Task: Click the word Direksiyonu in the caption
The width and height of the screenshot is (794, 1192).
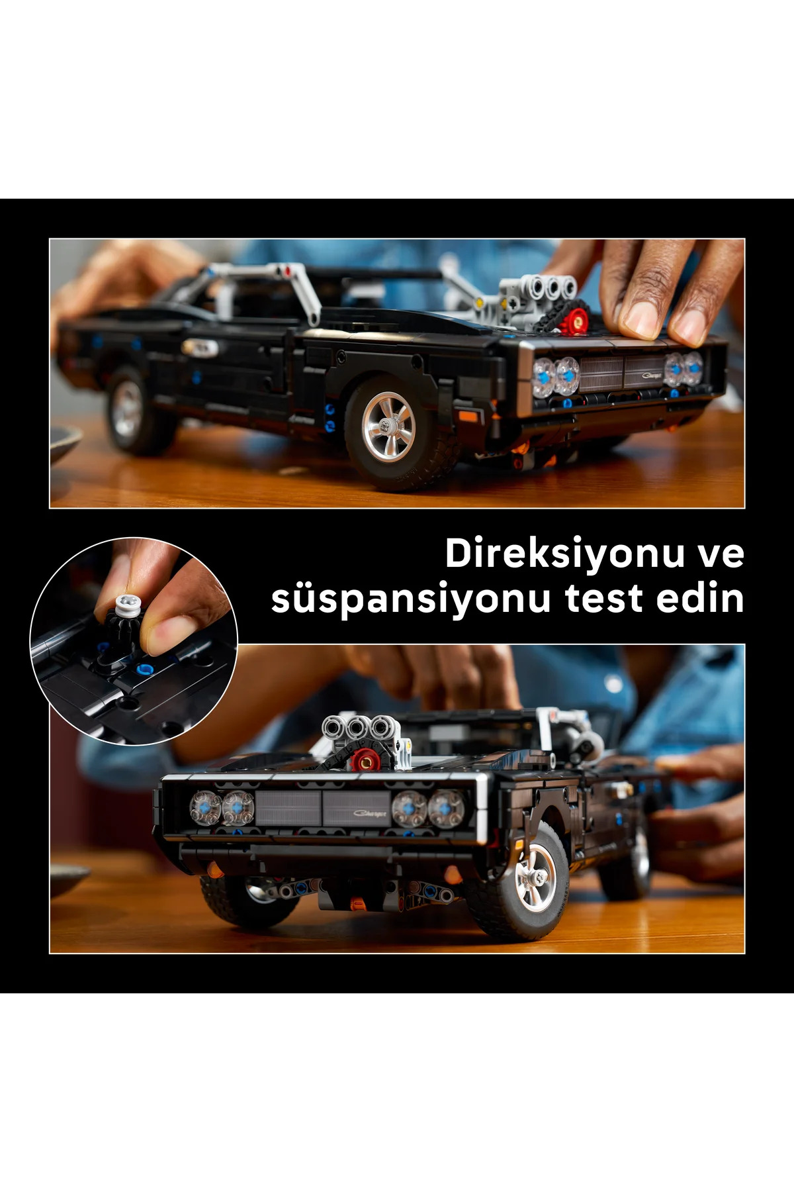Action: [x=564, y=554]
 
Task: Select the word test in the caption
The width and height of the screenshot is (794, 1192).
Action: [x=603, y=598]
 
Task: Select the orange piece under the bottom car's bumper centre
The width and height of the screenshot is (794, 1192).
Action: [x=357, y=901]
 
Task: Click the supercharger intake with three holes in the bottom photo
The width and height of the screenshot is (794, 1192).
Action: [x=358, y=728]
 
